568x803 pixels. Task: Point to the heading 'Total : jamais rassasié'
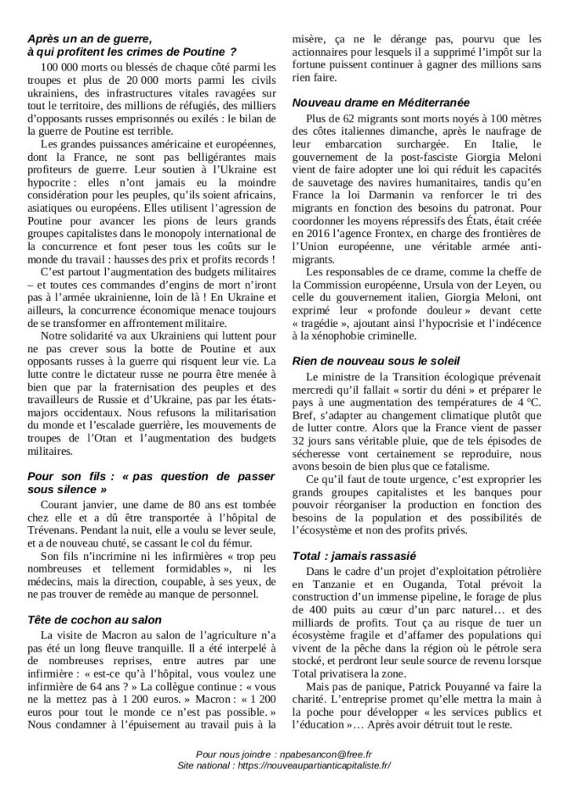pyautogui.click(x=346, y=556)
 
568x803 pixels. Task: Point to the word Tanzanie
pyautogui.click(x=334, y=585)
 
